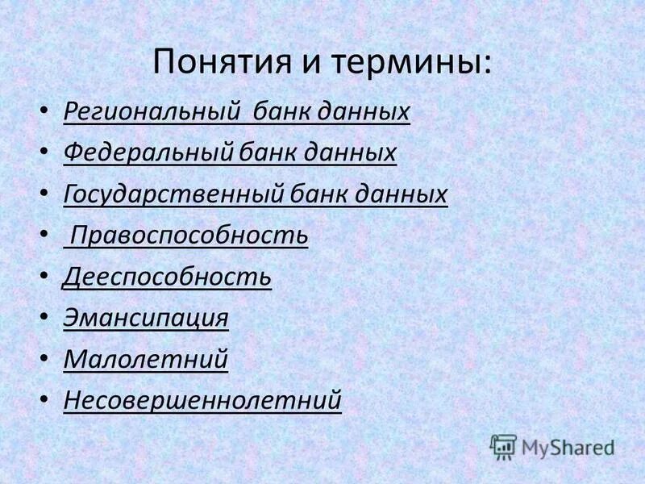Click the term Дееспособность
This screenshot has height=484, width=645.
pyautogui.click(x=167, y=277)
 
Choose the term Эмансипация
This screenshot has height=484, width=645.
pyautogui.click(x=146, y=318)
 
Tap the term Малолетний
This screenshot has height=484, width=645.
pyautogui.click(x=146, y=359)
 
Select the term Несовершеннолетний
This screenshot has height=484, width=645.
pyautogui.click(x=202, y=400)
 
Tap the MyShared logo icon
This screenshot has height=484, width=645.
pyautogui.click(x=504, y=446)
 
